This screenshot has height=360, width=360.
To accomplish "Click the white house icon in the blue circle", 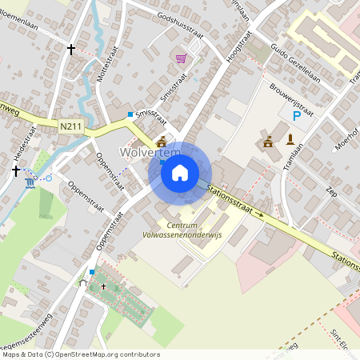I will [x=180, y=172].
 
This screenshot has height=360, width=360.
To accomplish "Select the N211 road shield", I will [x=70, y=126].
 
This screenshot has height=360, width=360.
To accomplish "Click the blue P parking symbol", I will [x=297, y=117].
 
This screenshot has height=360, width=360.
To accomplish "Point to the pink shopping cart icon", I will [x=181, y=58].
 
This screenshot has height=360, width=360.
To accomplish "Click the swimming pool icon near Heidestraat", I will [x=30, y=182].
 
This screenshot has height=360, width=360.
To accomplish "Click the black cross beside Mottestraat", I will [x=71, y=50].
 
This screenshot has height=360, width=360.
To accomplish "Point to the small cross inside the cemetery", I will [x=103, y=286].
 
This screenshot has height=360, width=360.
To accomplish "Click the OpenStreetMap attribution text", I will [x=80, y=354].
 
